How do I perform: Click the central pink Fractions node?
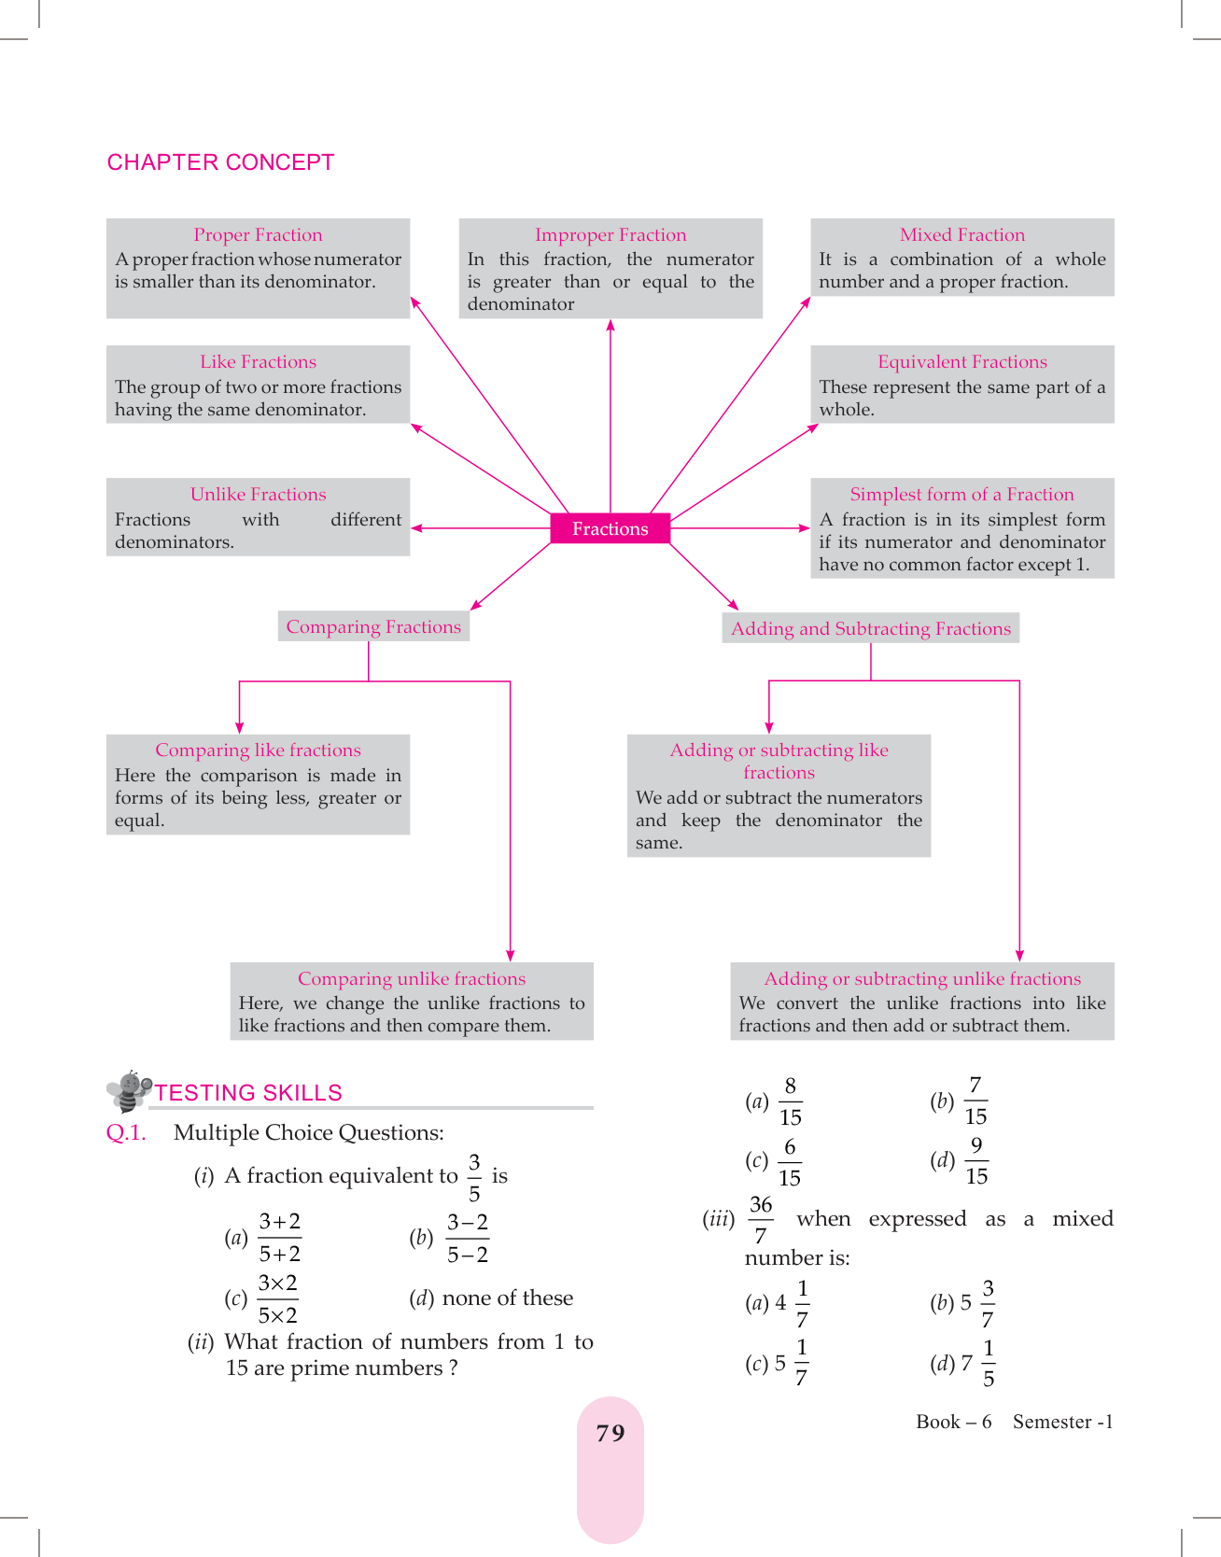pos(610,528)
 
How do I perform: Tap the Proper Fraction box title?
pos(258,235)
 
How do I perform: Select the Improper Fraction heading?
pos(610,235)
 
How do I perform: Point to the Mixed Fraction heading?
pos(961,235)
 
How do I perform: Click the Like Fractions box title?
pos(258,362)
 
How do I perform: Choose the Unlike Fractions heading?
pos(258,495)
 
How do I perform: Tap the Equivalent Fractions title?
pos(961,362)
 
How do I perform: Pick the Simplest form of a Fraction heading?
pos(961,495)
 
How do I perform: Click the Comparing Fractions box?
pos(373,627)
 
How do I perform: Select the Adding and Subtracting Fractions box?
pos(870,629)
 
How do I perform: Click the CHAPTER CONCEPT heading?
pos(220,162)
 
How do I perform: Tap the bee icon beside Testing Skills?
pos(129,1090)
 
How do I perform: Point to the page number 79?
pos(610,1433)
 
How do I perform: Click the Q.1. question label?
pos(126,1133)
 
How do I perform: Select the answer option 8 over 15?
pos(790,1101)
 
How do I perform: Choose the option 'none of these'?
pos(507,1298)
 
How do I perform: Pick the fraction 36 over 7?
pos(761,1219)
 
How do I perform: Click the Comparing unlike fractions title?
pos(412,979)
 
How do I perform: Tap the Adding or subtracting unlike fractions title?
pos(922,979)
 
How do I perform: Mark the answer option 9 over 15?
pos(976,1161)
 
